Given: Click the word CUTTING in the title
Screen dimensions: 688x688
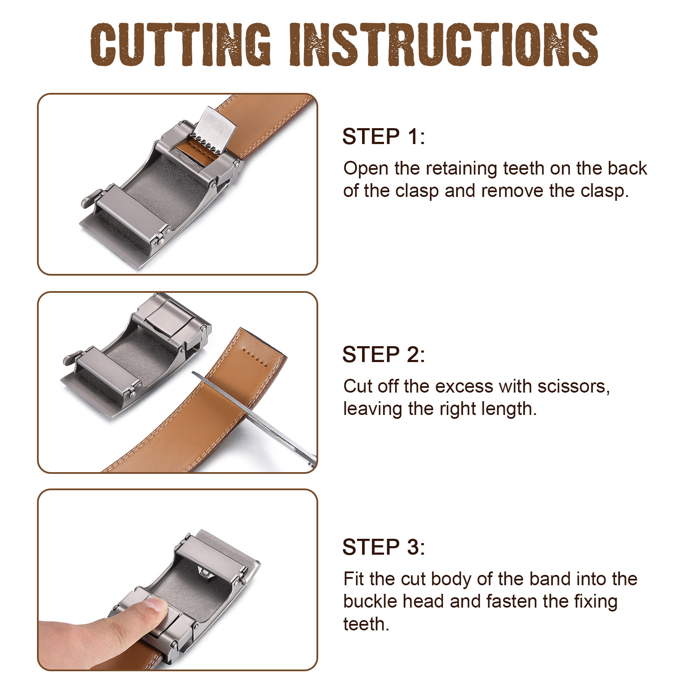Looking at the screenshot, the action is tap(181, 44).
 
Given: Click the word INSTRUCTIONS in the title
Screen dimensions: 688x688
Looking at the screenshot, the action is tap(443, 44).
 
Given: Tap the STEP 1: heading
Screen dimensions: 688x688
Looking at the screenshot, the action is tap(384, 137).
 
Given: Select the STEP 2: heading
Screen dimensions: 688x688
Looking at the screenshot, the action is tap(384, 355).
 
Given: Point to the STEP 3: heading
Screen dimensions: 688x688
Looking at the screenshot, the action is tap(384, 547).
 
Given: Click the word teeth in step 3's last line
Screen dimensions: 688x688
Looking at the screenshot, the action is tap(366, 624).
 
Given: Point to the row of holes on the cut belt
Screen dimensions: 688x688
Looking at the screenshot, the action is tap(255, 358).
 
